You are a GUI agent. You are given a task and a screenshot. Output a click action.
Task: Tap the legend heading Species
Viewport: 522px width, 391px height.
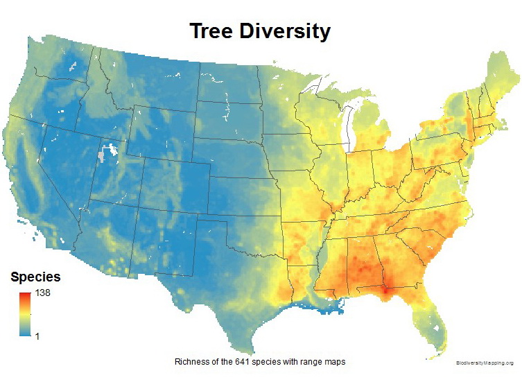[x=35, y=277]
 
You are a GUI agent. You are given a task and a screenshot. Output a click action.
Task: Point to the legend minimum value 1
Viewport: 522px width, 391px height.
[x=37, y=336]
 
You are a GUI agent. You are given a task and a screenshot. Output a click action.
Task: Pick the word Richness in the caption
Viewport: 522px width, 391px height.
[x=191, y=362]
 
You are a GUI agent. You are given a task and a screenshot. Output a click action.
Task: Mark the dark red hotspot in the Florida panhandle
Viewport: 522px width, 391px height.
[x=383, y=291]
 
